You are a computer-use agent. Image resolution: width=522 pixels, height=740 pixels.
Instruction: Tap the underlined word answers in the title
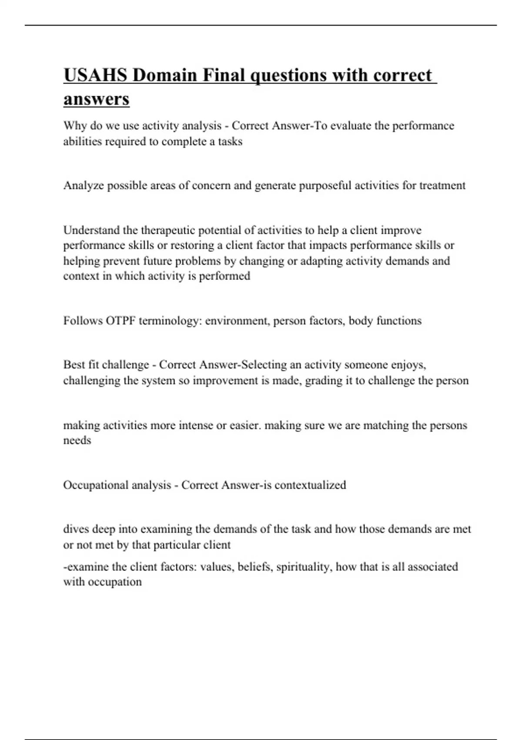point(96,99)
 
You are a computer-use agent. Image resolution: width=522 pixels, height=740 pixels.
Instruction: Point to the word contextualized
point(310,485)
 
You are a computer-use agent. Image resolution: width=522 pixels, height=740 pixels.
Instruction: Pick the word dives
point(76,529)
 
